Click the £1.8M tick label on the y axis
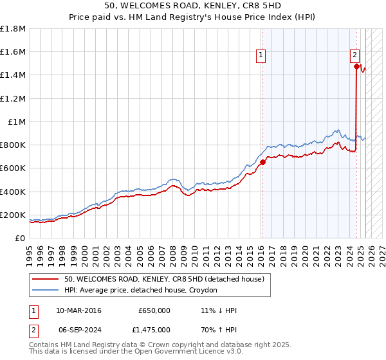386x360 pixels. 14,29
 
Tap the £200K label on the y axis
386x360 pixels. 14,215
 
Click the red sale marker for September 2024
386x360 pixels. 356,66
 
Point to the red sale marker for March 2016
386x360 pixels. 262,163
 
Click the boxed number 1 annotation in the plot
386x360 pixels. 261,56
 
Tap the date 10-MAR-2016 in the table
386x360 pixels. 78,310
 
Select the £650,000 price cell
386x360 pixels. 154,310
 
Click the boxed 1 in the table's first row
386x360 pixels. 33,310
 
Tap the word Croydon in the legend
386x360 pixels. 202,291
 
